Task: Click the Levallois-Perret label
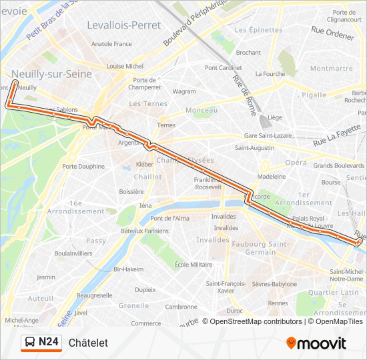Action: [123, 25]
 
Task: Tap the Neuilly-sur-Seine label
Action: [51, 75]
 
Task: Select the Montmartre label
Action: [331, 68]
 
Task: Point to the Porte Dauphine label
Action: [83, 166]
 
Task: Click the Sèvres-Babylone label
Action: [274, 284]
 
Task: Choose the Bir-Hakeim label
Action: [129, 269]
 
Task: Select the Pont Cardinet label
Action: [224, 67]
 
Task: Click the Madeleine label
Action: [272, 177]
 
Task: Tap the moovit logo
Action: [316, 343]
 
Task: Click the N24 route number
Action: [49, 343]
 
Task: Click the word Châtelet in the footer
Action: [88, 343]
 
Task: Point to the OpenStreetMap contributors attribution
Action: [256, 321]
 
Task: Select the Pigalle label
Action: [313, 95]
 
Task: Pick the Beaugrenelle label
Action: [95, 295]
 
